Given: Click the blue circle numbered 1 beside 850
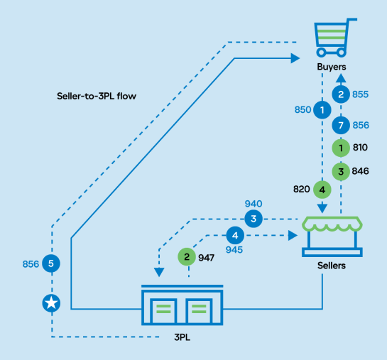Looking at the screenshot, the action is click(322, 110).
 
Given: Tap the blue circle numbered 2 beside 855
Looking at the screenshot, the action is click(341, 94).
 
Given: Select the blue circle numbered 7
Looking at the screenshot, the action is click(341, 126).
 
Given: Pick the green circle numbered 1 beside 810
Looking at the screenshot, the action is click(341, 148).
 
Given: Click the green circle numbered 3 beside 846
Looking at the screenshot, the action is click(341, 171).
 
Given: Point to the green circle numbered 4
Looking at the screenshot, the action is click(322, 190).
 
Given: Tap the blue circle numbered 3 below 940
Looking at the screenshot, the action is click(254, 219).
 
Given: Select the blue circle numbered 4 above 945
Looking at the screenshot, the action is click(235, 236).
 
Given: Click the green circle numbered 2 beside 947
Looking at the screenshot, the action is click(187, 257).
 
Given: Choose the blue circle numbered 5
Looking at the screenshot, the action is click(51, 263).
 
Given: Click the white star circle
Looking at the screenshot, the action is click(51, 303).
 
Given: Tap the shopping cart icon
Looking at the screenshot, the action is click(334, 38).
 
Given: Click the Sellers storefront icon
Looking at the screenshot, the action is click(332, 236).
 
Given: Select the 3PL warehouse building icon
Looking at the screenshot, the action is click(182, 305).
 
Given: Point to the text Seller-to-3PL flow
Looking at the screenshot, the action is click(97, 96).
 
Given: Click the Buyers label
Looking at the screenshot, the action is click(332, 67).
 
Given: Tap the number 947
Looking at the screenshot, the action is click(206, 258).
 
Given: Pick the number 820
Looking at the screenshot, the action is click(301, 190).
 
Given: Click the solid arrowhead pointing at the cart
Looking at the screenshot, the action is click(295, 58).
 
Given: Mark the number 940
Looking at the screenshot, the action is click(254, 204).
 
